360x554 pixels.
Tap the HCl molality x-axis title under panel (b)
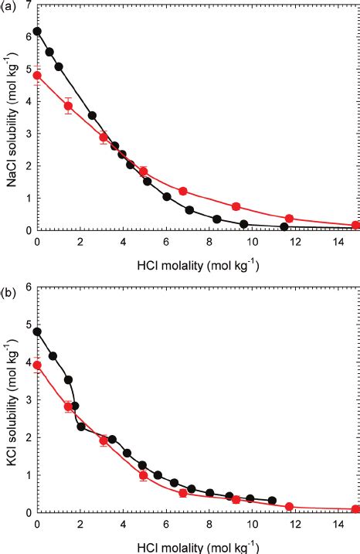(196, 546)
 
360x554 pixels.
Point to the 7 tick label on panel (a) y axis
(29, 5)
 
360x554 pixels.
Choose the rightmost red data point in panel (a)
(355, 225)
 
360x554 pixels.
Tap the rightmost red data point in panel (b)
(355, 509)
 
